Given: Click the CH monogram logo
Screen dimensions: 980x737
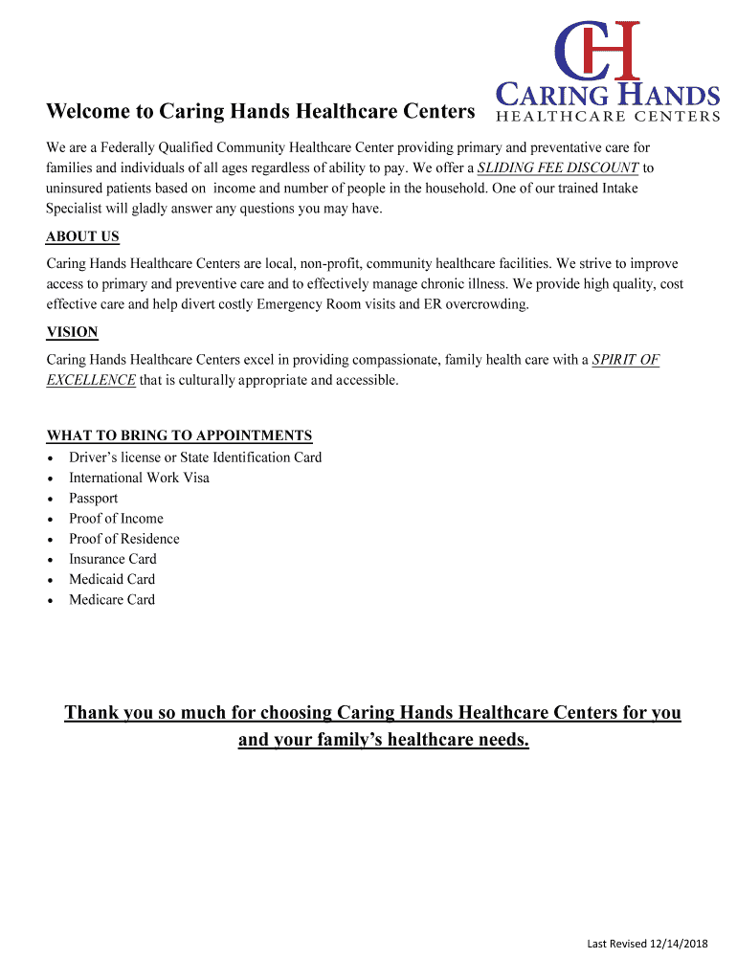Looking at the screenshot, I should click(597, 50).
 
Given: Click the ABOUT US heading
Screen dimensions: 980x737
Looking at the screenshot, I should click(82, 237).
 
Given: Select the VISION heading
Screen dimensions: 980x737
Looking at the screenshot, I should click(72, 333).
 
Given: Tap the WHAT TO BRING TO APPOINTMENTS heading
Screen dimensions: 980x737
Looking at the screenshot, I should click(179, 435).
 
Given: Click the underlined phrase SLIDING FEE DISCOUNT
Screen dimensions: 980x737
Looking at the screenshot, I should click(558, 168).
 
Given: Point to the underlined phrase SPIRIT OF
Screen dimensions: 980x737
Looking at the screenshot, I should click(626, 361).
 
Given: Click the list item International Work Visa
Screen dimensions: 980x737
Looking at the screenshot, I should click(139, 478).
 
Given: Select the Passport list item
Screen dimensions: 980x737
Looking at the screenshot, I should click(93, 498).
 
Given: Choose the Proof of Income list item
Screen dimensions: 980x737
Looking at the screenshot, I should click(116, 519).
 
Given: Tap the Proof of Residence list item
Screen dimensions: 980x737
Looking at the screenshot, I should click(123, 539).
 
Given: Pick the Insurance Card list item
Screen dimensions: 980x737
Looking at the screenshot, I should click(112, 559).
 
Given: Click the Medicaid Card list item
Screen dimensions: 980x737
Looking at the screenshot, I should click(111, 579).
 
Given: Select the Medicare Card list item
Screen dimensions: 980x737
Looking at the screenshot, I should click(111, 600).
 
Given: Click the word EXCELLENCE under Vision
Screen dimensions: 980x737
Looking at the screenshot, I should click(91, 380).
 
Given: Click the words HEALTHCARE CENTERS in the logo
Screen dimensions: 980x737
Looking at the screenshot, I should click(606, 117).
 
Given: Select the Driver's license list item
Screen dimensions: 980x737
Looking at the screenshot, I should click(195, 457).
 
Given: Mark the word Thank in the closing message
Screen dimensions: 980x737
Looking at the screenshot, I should click(91, 714).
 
